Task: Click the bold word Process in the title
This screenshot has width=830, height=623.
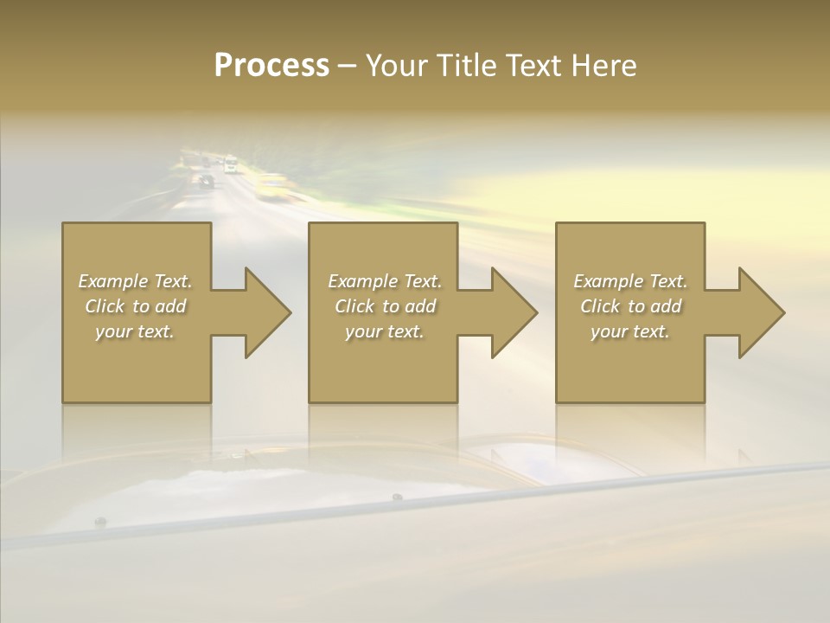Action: [x=271, y=66]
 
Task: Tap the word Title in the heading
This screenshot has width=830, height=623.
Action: [x=466, y=66]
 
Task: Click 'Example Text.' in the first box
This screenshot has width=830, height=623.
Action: [x=135, y=281]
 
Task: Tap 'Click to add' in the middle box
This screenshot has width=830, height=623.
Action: [x=385, y=306]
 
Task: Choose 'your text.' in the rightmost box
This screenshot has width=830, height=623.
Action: [x=629, y=331]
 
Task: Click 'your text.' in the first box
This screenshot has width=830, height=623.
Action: [x=135, y=331]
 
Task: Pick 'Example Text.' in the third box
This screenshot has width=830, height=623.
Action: [x=629, y=281]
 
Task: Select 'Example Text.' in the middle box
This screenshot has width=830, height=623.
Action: [x=385, y=281]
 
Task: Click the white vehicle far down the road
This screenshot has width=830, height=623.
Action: [x=230, y=164]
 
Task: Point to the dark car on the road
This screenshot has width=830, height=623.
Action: [x=206, y=181]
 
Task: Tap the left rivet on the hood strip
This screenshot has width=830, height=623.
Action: [x=100, y=521]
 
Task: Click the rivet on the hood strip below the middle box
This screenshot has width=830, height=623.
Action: [x=397, y=497]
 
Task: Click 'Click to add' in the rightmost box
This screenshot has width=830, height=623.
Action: [x=630, y=306]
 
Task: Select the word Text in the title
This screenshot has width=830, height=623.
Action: [x=532, y=66]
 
